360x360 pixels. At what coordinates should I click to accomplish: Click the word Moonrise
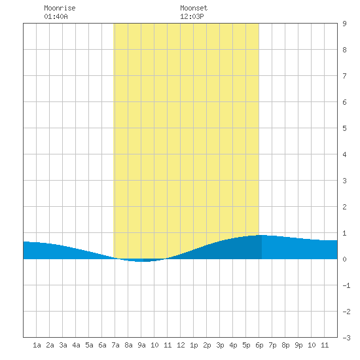click(60, 8)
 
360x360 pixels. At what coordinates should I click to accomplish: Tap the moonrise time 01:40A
click(56, 16)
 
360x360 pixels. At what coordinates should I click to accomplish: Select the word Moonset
click(194, 8)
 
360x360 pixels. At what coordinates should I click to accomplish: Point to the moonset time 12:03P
click(192, 16)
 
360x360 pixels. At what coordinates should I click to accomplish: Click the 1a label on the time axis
click(37, 345)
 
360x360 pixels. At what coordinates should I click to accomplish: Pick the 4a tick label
click(76, 345)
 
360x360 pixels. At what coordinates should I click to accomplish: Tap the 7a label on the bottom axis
click(115, 345)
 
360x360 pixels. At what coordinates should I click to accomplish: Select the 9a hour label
click(141, 345)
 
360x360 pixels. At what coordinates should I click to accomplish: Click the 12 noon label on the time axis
click(181, 345)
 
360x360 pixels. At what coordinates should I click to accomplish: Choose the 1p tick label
click(194, 345)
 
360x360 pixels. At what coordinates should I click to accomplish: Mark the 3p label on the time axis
click(220, 345)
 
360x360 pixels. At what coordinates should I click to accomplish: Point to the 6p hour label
click(259, 345)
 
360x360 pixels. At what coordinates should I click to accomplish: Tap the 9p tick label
click(298, 345)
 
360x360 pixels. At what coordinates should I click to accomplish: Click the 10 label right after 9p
click(312, 345)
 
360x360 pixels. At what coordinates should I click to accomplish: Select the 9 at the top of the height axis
click(344, 24)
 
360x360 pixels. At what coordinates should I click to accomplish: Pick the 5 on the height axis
click(344, 128)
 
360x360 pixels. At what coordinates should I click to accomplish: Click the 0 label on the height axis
click(344, 259)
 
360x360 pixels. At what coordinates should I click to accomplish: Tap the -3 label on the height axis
click(346, 338)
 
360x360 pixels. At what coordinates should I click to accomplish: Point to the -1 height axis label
click(346, 285)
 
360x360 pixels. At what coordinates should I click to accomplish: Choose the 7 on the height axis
click(344, 76)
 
